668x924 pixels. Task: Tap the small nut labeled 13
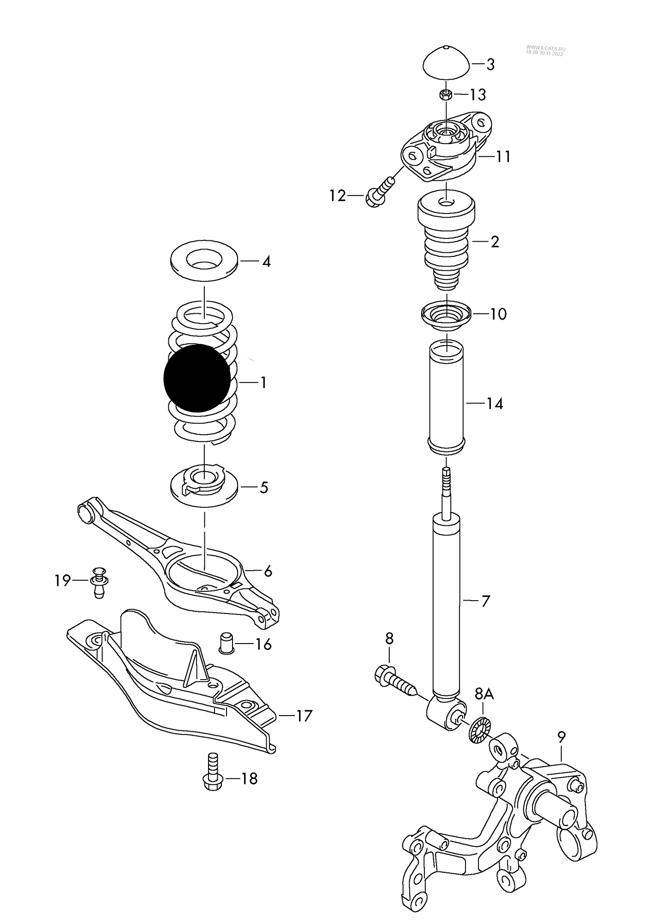(446, 95)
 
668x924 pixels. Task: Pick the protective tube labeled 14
(447, 397)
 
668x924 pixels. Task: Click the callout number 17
(304, 716)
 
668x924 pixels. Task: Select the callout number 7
(485, 601)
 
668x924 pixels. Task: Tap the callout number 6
(268, 571)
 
